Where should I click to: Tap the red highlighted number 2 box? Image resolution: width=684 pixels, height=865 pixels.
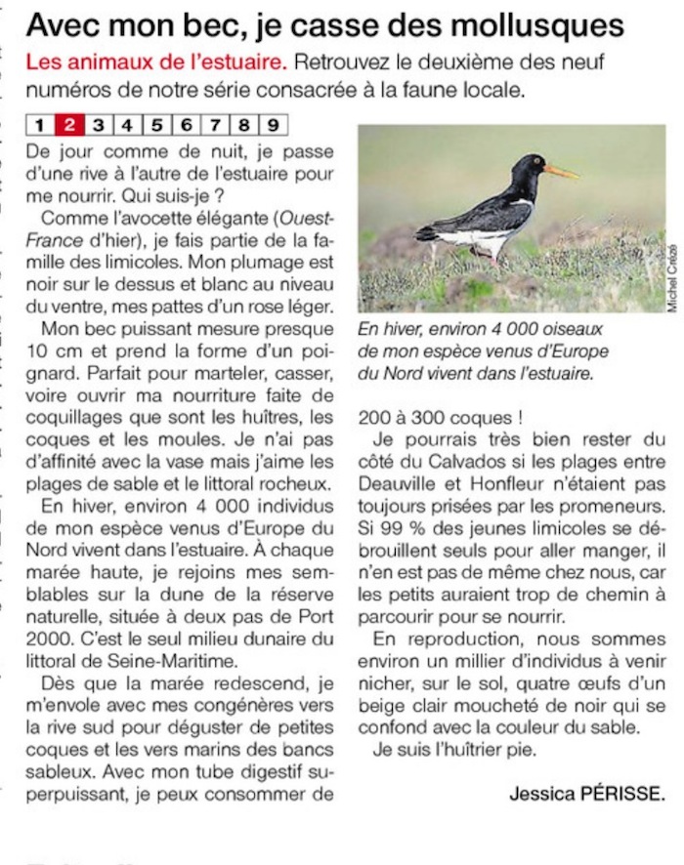(69, 124)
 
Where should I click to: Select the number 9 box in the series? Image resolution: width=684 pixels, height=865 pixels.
(273, 124)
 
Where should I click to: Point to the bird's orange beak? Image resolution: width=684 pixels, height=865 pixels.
(561, 172)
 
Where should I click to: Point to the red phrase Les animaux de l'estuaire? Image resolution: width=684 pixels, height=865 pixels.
(156, 63)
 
